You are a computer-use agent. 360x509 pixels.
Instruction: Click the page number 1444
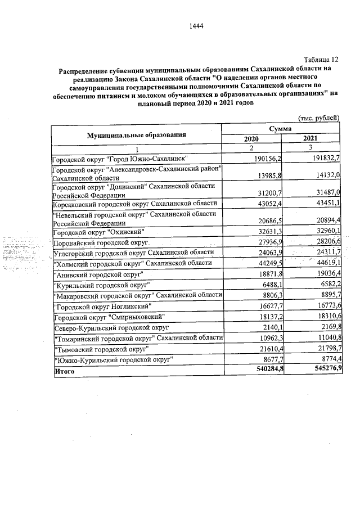pyautogui.click(x=196, y=26)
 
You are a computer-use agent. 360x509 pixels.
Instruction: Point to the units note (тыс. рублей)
pyautogui.click(x=318, y=118)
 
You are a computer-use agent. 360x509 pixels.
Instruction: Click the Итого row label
pyautogui.click(x=62, y=371)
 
